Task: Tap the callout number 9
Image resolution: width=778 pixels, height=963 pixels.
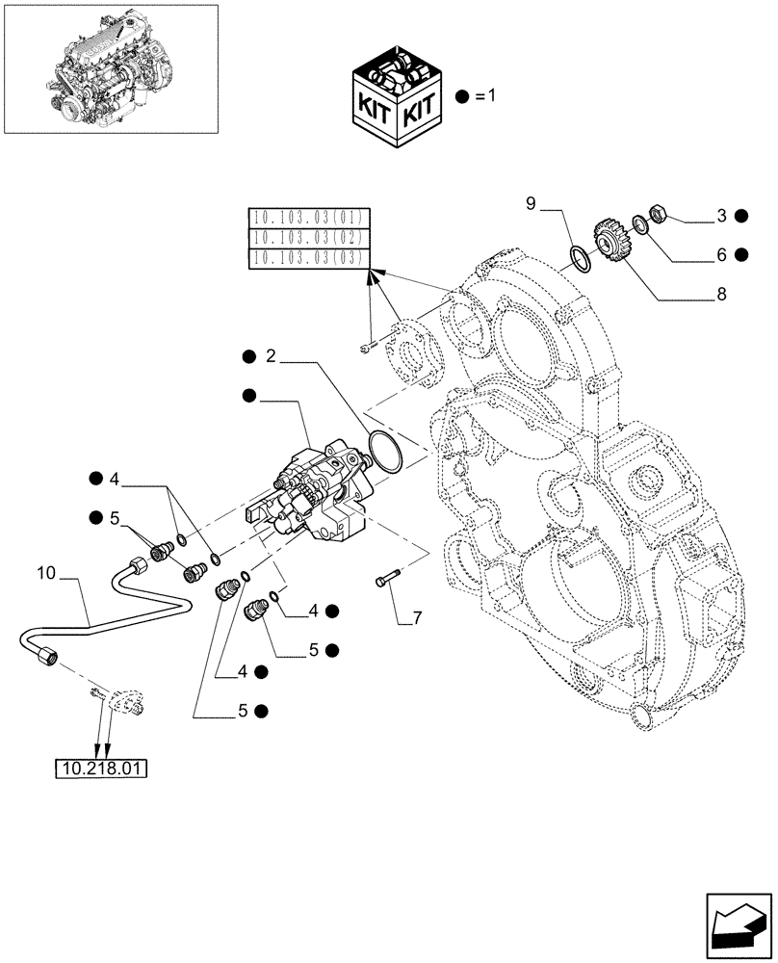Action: coord(531,203)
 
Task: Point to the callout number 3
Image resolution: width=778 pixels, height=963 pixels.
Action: coord(719,217)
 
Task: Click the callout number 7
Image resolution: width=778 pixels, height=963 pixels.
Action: coord(416,617)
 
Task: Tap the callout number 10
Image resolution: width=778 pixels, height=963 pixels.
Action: coord(45,575)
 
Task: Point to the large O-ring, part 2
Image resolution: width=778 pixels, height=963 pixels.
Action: coord(386,450)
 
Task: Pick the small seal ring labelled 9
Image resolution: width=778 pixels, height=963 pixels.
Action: coord(579,258)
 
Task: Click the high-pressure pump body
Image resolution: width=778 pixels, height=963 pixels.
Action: coord(318,486)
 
